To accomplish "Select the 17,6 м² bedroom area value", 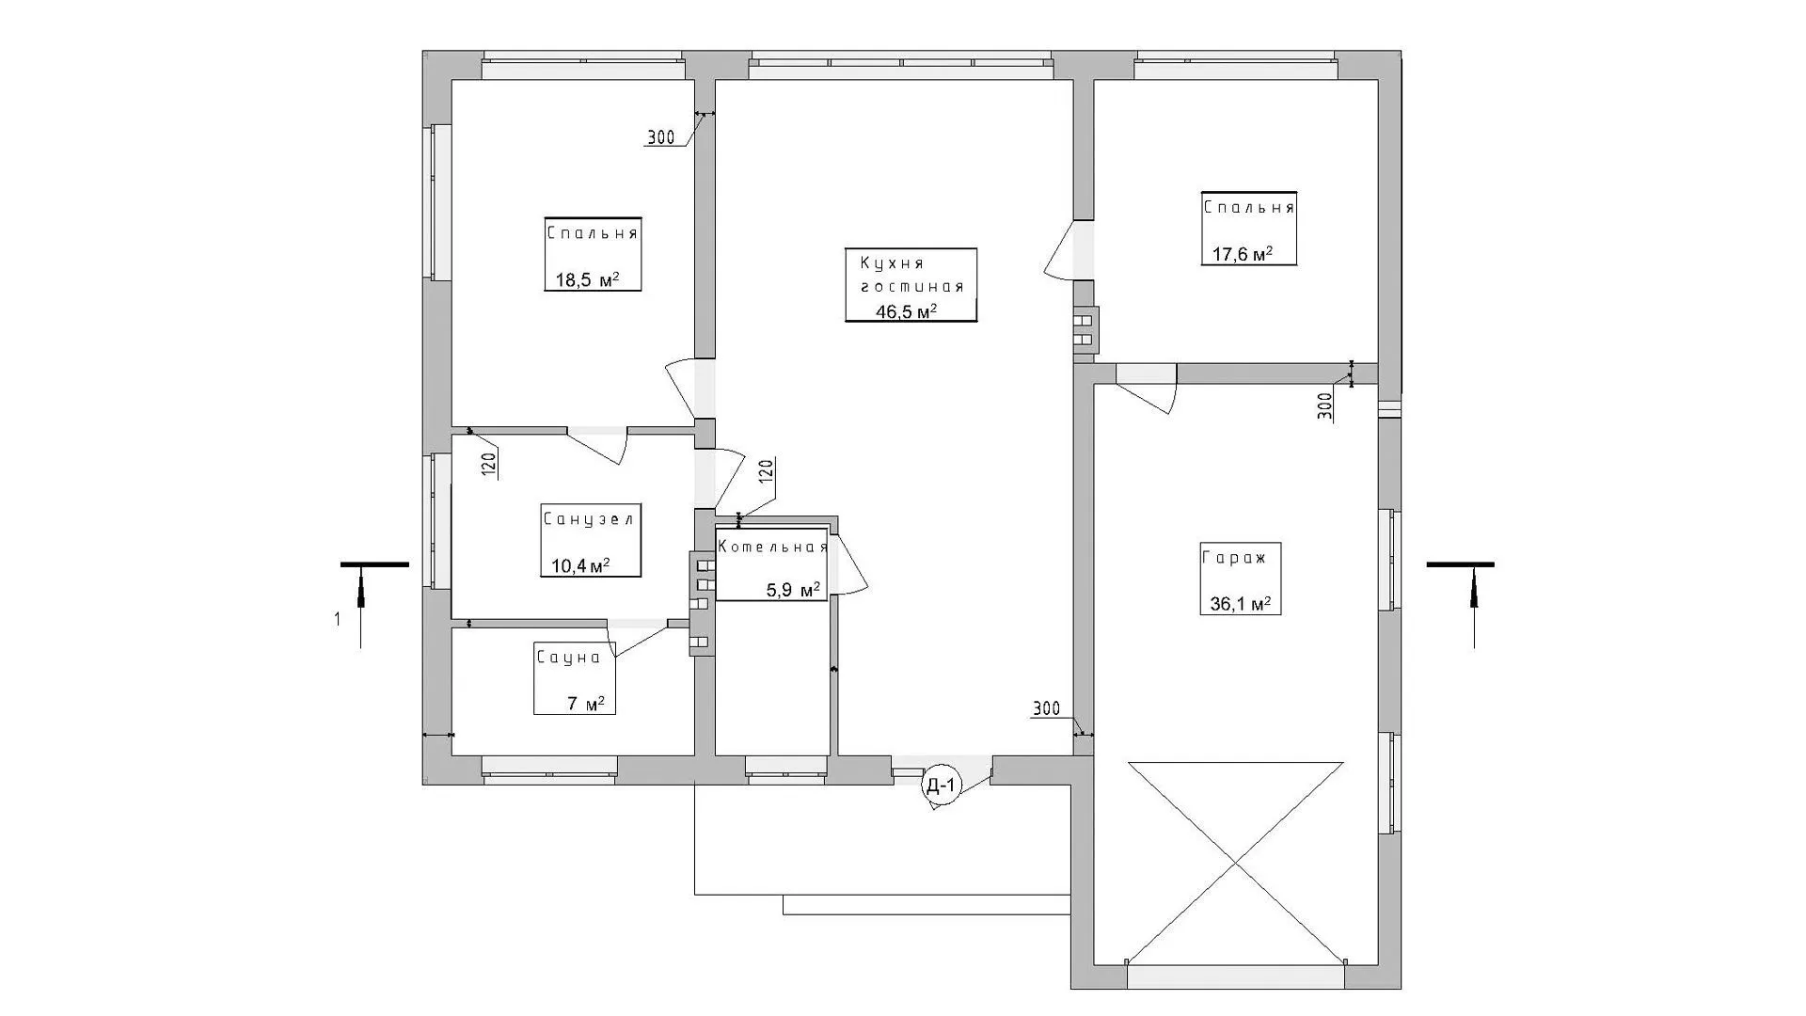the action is pos(1242,254).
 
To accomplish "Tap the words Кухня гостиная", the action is pos(906,275).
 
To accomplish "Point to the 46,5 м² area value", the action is pos(908,311).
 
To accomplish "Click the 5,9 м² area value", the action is pos(793,590).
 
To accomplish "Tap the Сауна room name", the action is pos(568,658).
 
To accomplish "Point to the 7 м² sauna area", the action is pos(586,704).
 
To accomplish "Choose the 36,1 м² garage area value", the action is pos(1240,604).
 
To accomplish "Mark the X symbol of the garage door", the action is pos(1235,863).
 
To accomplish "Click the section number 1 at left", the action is pos(337,619).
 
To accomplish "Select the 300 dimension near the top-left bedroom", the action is pos(660,138).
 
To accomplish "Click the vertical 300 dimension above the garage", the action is pos(1324,405).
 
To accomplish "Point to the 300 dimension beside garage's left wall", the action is pos(1046,708).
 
